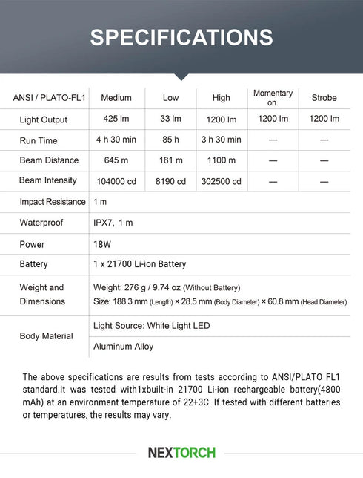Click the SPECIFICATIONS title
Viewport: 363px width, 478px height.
tap(181, 38)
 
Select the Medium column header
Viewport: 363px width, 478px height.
tap(116, 98)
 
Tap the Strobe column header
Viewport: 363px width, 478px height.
tap(324, 98)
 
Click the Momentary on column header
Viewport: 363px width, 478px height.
tap(273, 98)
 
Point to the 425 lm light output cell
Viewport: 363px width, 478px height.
tap(116, 119)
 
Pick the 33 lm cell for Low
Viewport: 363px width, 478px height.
tap(170, 119)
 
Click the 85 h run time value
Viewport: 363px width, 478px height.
tap(170, 140)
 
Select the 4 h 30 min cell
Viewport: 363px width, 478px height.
tap(116, 140)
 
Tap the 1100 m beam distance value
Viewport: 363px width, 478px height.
tap(221, 160)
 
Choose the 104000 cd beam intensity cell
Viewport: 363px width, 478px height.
tap(116, 181)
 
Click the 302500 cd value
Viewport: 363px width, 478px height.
tap(221, 181)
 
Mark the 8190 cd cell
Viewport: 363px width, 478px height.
tap(170, 181)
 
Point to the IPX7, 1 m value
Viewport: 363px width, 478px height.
tap(113, 223)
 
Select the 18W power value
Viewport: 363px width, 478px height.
tap(102, 244)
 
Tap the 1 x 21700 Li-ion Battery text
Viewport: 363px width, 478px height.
tap(139, 264)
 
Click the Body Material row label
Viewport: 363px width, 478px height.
tap(47, 336)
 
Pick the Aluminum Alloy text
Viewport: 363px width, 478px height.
tap(123, 347)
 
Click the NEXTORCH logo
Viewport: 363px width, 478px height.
tap(181, 452)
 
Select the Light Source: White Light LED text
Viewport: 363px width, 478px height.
tap(151, 326)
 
